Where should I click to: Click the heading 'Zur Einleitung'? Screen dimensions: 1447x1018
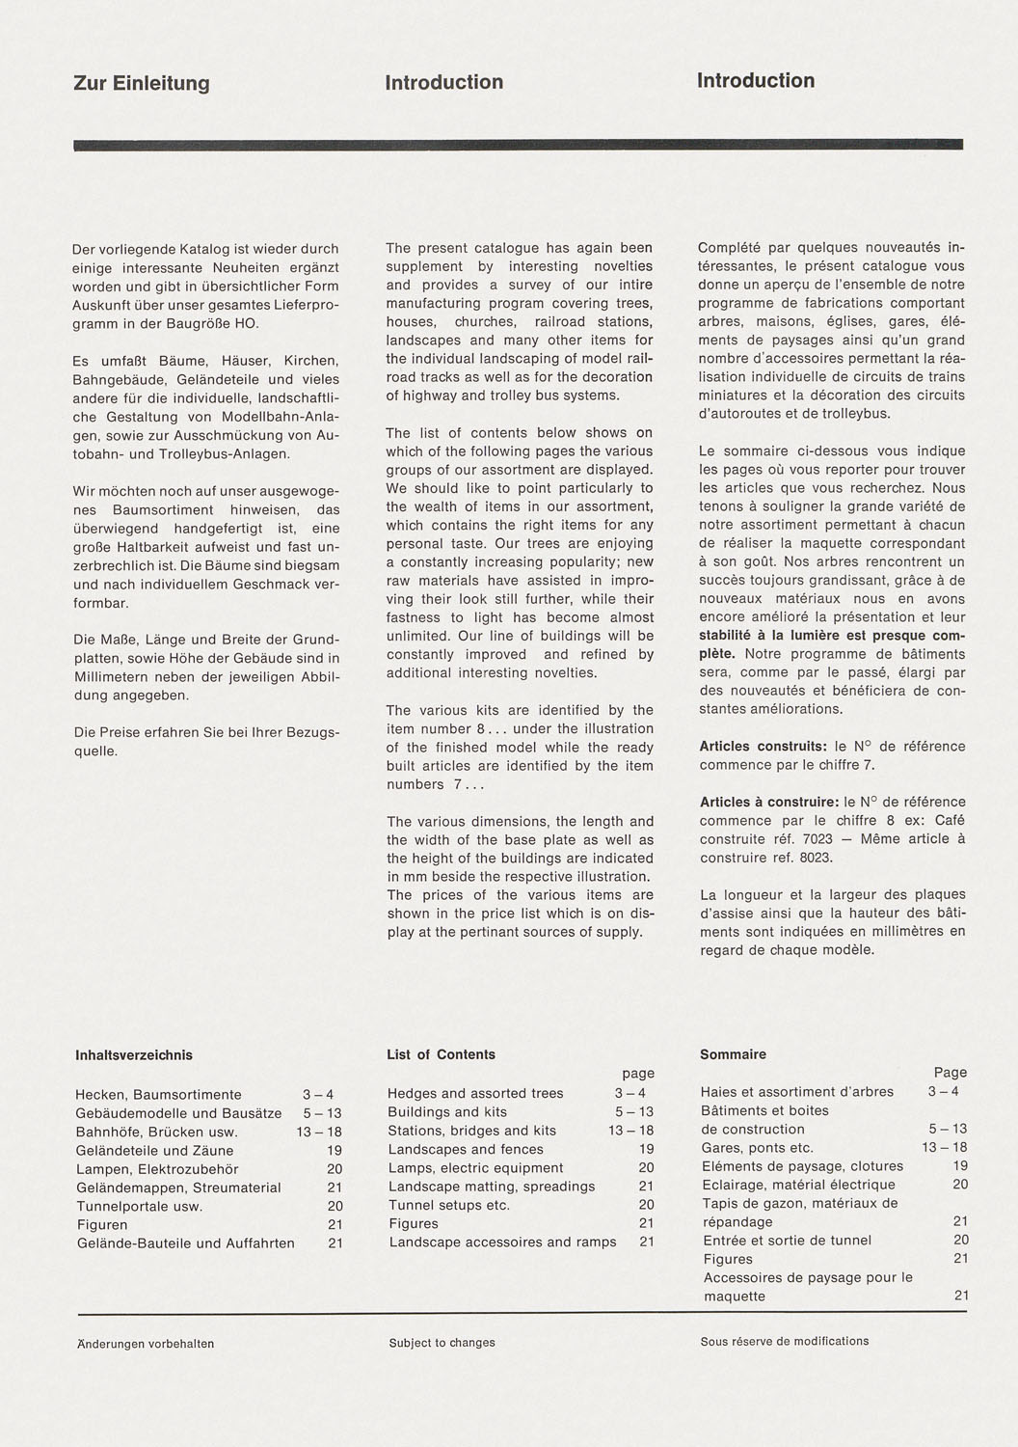(142, 84)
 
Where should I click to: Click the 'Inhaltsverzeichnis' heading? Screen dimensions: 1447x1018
(134, 1055)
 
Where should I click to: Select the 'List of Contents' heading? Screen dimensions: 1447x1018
(441, 1054)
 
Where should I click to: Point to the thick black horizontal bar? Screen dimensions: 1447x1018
(518, 146)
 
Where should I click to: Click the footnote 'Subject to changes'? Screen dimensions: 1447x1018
(442, 1343)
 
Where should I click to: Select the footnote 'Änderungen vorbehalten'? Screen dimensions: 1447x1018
(146, 1344)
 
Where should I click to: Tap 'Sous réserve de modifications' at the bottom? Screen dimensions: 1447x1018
(784, 1341)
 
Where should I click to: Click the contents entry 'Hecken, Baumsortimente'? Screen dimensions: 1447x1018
(158, 1095)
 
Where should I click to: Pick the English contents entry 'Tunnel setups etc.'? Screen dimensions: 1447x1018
(449, 1205)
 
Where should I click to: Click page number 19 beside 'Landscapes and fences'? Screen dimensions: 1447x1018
(646, 1149)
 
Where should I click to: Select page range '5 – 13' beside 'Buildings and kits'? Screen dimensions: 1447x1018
(633, 1112)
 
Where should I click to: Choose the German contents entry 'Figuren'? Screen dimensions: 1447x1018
(102, 1225)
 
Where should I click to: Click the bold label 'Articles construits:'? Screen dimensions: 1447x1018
(763, 747)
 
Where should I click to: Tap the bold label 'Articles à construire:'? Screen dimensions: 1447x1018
(769, 803)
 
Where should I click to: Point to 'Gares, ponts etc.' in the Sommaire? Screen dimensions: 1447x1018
(757, 1148)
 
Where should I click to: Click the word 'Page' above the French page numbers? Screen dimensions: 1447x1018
(950, 1073)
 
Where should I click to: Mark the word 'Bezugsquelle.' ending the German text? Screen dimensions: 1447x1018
(95, 751)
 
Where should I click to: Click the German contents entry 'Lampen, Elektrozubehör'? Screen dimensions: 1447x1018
(157, 1169)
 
